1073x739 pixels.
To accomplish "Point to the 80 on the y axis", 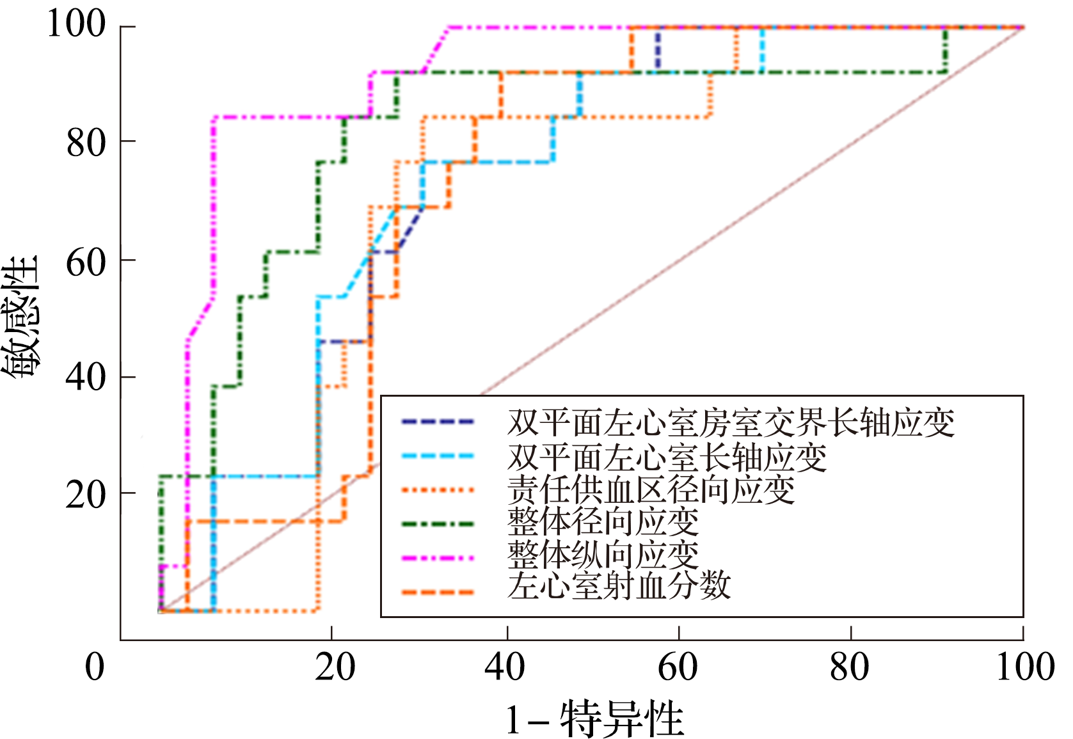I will (x=86, y=143).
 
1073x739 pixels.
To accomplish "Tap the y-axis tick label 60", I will (x=86, y=262).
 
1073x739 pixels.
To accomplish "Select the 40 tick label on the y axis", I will (x=86, y=377).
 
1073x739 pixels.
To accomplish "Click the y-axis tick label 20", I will (x=86, y=495).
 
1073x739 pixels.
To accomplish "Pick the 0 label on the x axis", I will (x=95, y=667).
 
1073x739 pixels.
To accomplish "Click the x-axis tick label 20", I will (x=335, y=667).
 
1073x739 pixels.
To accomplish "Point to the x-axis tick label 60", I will (x=678, y=667).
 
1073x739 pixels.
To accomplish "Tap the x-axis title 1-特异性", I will (x=595, y=719).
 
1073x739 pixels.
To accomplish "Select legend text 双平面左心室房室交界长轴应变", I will (x=731, y=422).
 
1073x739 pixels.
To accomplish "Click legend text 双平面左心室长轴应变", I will (x=667, y=457).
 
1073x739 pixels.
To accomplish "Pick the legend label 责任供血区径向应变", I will (x=651, y=490).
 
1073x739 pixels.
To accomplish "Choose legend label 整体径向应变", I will (x=603, y=522).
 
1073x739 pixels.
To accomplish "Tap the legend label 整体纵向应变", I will (x=603, y=554).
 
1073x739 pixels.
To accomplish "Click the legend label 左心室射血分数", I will (x=619, y=586).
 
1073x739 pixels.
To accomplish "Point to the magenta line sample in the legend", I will (x=438, y=558).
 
